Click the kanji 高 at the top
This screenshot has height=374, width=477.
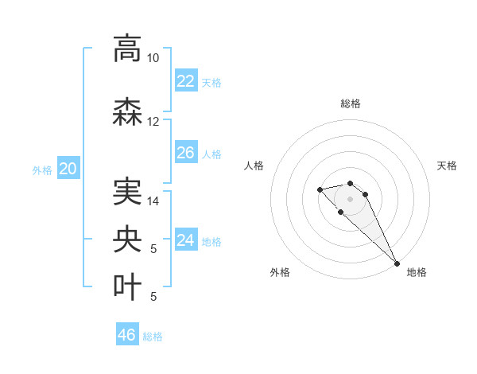[x=127, y=49]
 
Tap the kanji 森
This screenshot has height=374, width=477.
[x=127, y=112]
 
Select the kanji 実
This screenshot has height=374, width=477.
[x=127, y=192]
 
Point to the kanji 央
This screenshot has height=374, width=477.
[x=127, y=240]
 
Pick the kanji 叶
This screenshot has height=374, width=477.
[x=127, y=287]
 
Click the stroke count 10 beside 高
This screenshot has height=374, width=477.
[x=153, y=58]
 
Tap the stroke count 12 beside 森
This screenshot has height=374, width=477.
[x=153, y=122]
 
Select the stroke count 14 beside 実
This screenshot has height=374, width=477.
[x=153, y=201]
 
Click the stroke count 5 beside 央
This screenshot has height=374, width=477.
[x=153, y=249]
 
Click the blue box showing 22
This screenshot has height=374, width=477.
[x=186, y=81]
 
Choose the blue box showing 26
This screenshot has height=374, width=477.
[x=186, y=153]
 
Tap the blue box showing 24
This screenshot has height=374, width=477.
[x=186, y=240]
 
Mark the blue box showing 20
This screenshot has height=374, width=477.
[x=68, y=168]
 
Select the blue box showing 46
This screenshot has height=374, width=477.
[x=127, y=335]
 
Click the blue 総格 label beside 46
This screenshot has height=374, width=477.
[x=153, y=337]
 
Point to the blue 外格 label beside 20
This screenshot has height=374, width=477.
[x=42, y=169]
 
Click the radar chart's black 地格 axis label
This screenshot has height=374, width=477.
[x=417, y=273]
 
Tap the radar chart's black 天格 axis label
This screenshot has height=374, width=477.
[x=447, y=166]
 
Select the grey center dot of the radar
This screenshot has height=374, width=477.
[x=350, y=198]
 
